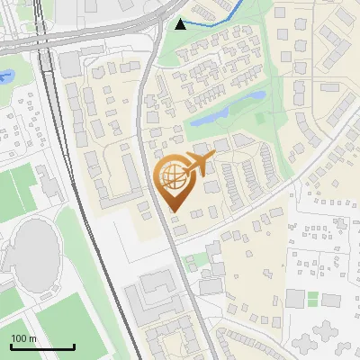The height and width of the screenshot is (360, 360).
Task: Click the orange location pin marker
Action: tap(173, 184)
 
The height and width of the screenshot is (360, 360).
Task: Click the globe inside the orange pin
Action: tap(172, 176)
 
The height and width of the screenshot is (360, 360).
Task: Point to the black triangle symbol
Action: tap(181, 23)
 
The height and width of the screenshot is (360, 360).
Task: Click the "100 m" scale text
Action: tap(23, 338)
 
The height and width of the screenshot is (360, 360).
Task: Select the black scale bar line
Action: tap(42, 346)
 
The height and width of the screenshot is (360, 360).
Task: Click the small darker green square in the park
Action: tap(261, 116)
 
